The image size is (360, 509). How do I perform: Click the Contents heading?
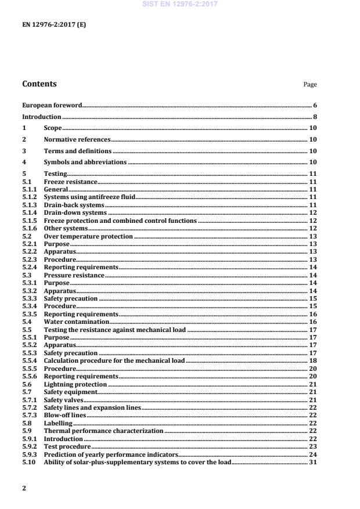click(39, 84)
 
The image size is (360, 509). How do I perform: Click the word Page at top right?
click(310, 85)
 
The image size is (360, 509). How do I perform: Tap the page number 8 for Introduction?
click(314, 117)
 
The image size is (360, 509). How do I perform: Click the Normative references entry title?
click(77, 140)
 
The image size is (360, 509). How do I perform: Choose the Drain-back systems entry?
click(74, 205)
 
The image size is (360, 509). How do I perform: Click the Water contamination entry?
click(77, 322)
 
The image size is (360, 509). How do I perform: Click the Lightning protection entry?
click(75, 384)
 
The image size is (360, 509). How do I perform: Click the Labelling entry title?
click(58, 423)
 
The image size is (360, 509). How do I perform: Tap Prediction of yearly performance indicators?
click(110, 454)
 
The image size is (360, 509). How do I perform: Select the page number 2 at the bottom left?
click(24, 488)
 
